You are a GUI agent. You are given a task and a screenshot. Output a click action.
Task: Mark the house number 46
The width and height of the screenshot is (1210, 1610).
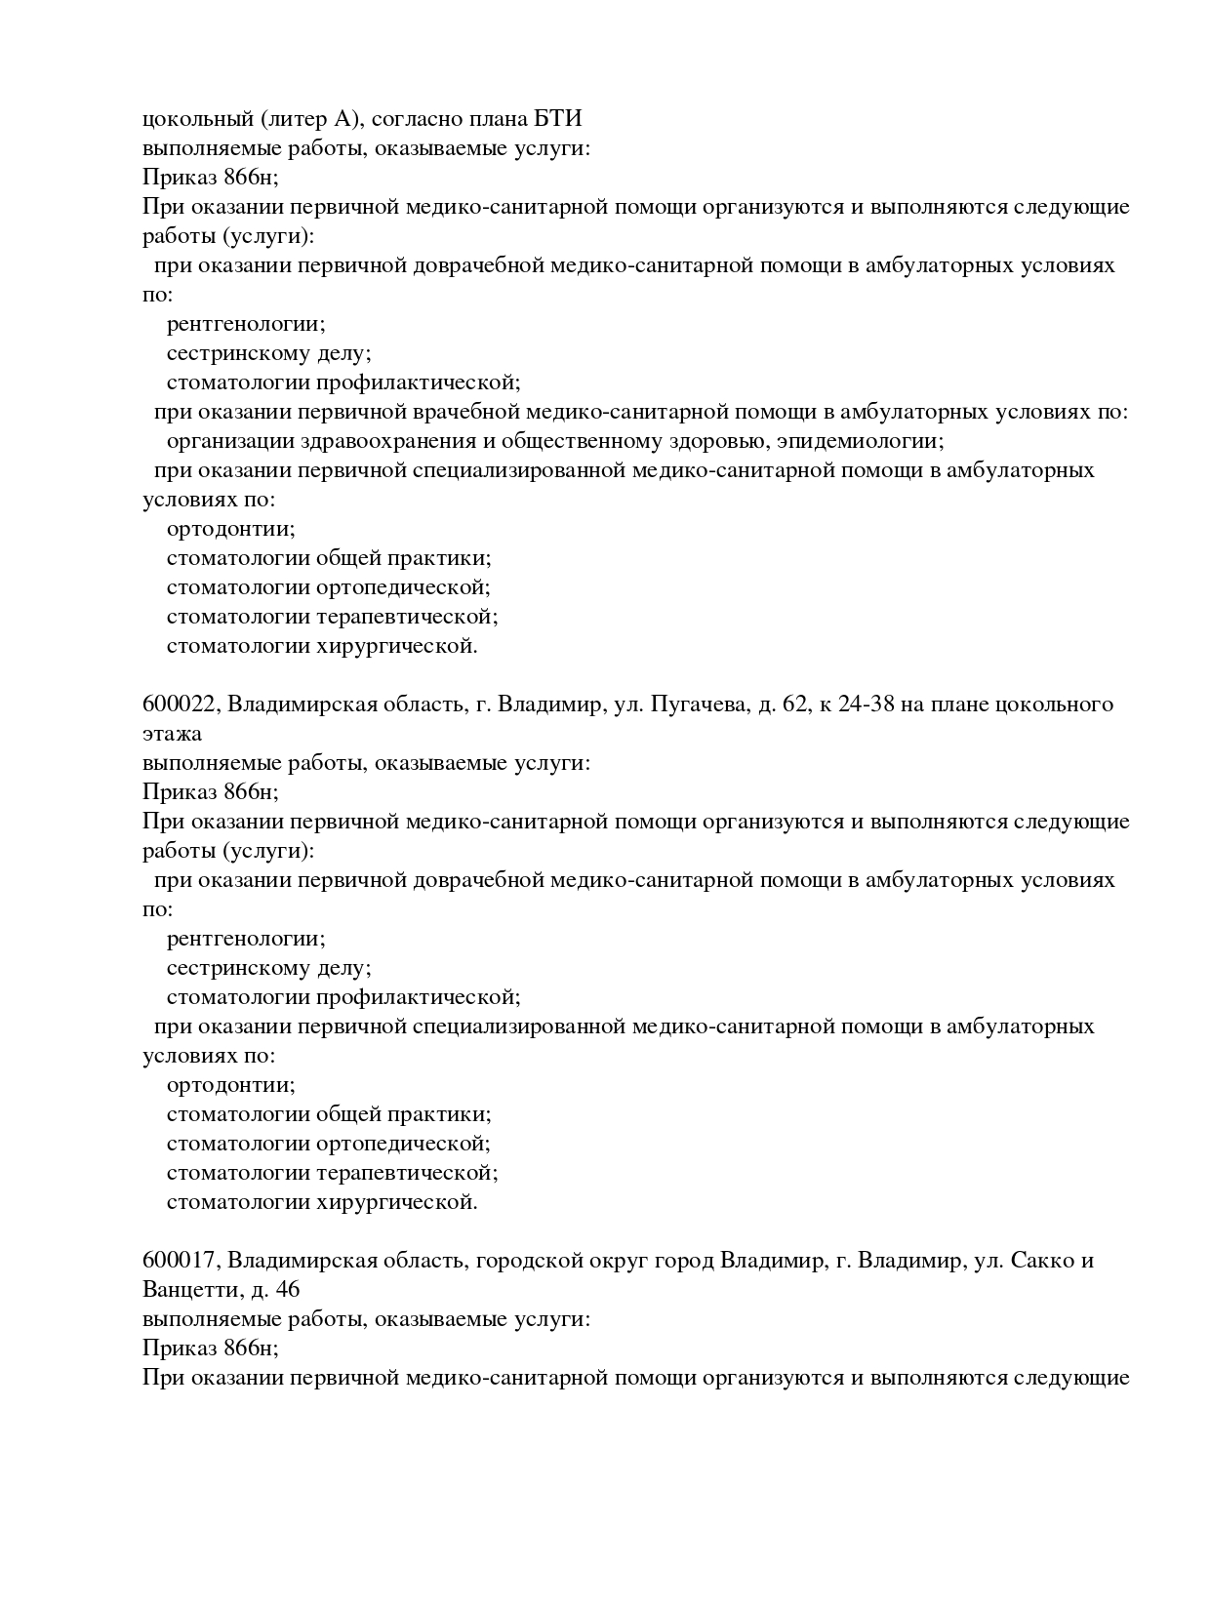pos(288,1290)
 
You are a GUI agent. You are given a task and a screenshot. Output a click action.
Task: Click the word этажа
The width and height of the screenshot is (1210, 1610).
pos(172,734)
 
